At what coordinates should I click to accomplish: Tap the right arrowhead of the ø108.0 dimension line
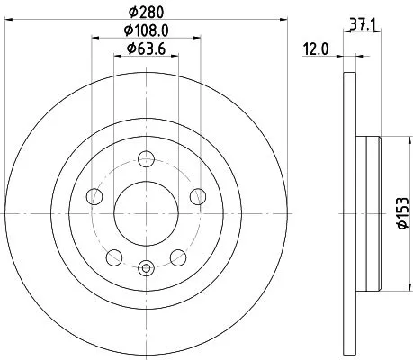click(x=195, y=38)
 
